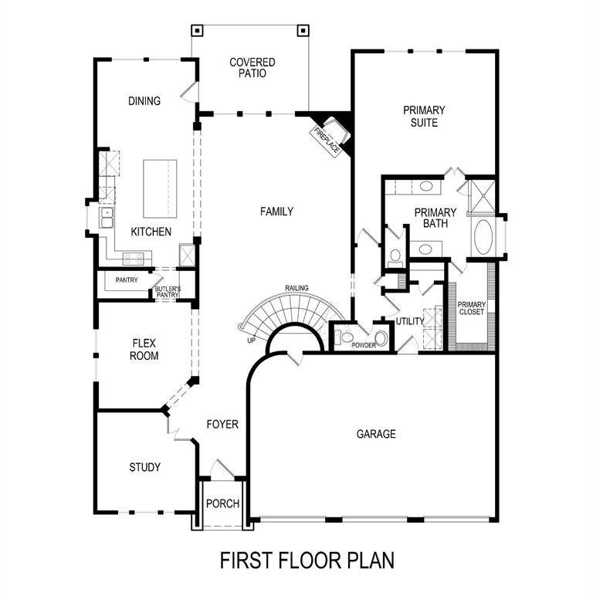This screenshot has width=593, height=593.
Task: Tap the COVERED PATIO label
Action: pos(252,68)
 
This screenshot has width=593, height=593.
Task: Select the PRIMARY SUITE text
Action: pos(424,117)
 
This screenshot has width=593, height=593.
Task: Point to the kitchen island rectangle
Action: pos(160,188)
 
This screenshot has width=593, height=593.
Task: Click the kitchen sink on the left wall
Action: pos(106,218)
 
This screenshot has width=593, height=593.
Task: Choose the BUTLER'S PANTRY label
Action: pos(168,292)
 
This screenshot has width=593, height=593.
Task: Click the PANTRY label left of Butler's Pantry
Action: pos(126,280)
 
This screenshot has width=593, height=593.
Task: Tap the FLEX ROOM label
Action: pos(145,350)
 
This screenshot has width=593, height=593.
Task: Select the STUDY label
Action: pos(144,467)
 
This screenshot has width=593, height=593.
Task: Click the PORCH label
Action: pos(222,504)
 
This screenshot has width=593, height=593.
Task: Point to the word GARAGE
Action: pos(376,434)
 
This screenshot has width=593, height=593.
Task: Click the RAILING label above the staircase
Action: pos(296,288)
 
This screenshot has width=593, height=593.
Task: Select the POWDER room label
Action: pos(364,345)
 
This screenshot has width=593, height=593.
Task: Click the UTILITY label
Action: pos(410,321)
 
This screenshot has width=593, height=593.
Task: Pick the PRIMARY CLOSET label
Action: pos(471,308)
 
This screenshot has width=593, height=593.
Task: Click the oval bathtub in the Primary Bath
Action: pos(485,237)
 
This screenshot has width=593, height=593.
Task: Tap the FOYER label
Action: pos(222,425)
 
